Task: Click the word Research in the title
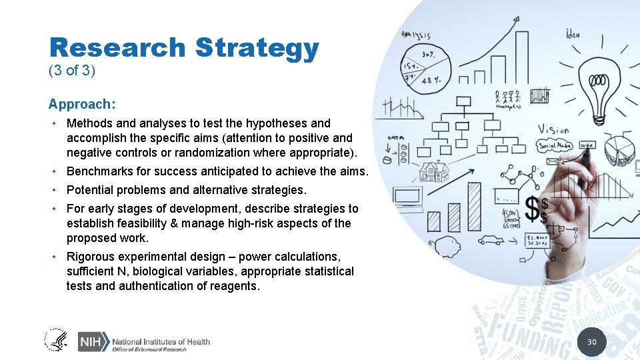pos(117,48)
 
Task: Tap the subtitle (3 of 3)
pos(72,71)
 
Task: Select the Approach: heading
pos(82,104)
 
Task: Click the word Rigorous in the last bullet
pos(89,257)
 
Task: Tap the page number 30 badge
pos(591,342)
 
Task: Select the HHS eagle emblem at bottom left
pos(56,340)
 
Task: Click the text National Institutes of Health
pos(161,341)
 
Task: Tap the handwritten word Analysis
pos(416,35)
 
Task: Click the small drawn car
pos(491,240)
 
